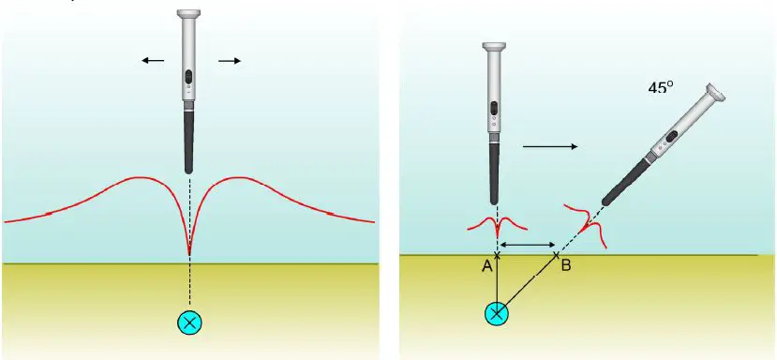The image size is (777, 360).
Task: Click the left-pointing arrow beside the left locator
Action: pyautogui.click(x=153, y=61)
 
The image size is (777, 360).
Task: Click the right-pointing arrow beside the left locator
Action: pyautogui.click(x=230, y=61)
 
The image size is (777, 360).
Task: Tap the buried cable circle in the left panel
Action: pyautogui.click(x=190, y=322)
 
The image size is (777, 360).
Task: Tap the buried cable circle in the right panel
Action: pyautogui.click(x=498, y=313)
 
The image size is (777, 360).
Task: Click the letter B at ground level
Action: pyautogui.click(x=565, y=267)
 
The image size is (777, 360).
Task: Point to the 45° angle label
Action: pyautogui.click(x=661, y=87)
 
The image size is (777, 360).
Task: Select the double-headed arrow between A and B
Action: pyautogui.click(x=527, y=245)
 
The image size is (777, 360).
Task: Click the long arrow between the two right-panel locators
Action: pyautogui.click(x=550, y=145)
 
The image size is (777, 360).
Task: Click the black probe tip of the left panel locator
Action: pyautogui.click(x=189, y=141)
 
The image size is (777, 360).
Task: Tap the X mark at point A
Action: pyautogui.click(x=498, y=254)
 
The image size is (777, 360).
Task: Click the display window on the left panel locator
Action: pyautogui.click(x=189, y=76)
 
